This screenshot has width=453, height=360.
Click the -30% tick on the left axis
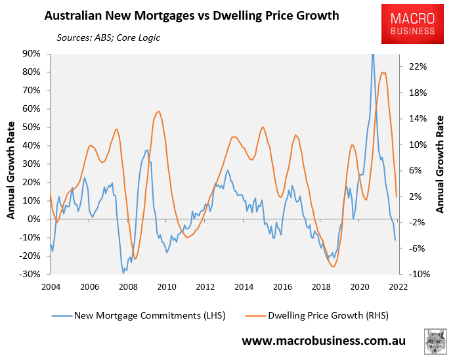[30, 274]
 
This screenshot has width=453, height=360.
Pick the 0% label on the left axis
[35, 219]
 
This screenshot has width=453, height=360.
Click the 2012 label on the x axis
[205, 287]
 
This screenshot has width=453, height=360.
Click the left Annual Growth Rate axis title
[11, 164]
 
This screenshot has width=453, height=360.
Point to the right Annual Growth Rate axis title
[441, 164]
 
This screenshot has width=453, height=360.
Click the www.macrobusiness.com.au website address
[324, 341]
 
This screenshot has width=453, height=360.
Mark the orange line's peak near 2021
[383, 72]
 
